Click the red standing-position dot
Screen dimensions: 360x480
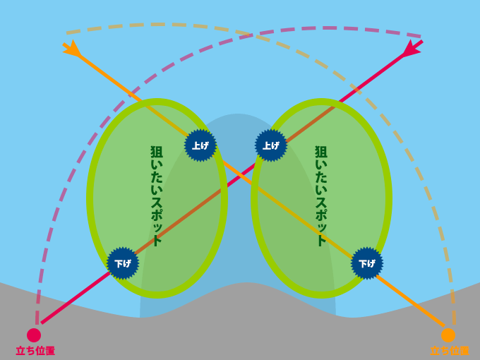point(34,335)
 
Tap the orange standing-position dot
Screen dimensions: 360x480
point(448,335)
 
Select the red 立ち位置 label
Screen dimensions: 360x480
point(35,351)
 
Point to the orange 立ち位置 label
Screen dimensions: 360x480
point(450,351)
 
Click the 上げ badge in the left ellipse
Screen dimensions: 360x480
point(200,145)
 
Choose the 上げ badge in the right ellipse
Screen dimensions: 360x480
point(271,145)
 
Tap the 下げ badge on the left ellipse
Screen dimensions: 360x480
point(123,263)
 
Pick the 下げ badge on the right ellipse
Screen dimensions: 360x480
point(367,263)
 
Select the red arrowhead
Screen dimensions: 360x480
point(410,49)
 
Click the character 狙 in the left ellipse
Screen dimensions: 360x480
point(157,152)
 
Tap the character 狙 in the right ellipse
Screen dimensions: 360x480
point(321,152)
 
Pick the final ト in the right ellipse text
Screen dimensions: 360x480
point(321,240)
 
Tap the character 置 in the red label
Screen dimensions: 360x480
point(49,351)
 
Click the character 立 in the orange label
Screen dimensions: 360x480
point(435,351)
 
